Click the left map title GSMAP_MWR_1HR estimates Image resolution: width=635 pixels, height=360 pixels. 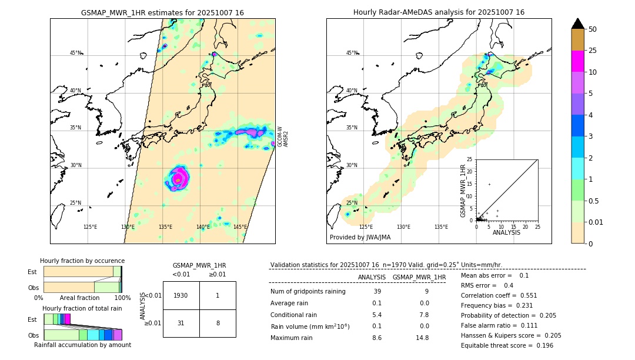pos(162,12)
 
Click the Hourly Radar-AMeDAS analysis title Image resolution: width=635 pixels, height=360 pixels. pos(439,12)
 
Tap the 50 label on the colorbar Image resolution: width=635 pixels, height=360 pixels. pos(593,29)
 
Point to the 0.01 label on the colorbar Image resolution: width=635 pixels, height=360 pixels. pos(596,222)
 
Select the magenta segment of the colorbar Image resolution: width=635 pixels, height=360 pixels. pos(578,61)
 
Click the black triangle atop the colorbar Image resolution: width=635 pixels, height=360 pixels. pos(578,24)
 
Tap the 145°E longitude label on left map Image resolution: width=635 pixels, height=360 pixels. pos(240,227)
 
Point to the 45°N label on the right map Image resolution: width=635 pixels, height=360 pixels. pos(352,53)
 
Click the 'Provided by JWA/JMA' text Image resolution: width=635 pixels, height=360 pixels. pos(360,238)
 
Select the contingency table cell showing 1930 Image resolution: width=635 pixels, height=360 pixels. pos(181,295)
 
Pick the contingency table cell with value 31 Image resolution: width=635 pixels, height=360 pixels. pos(181,323)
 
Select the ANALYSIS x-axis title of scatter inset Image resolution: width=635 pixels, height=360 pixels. pos(506,232)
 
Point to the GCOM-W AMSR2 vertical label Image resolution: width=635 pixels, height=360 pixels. pos(283,136)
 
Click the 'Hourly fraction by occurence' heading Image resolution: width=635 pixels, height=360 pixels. pos(82,261)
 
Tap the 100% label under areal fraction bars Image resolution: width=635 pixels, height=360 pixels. pos(122,298)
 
